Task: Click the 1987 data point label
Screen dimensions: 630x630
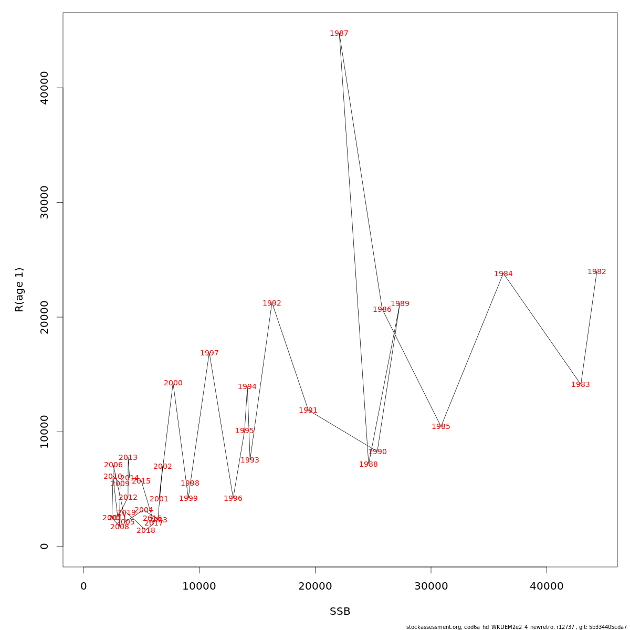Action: point(339,34)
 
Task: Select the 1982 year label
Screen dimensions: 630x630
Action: point(597,272)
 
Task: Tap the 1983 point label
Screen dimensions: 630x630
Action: point(581,385)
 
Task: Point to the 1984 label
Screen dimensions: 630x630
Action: point(503,274)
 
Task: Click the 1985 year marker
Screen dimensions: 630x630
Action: point(441,427)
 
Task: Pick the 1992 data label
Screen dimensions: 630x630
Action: point(272,303)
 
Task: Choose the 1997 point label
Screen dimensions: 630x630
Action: point(209,353)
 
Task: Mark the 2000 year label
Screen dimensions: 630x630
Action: point(173,383)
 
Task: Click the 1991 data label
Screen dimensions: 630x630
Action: point(308,411)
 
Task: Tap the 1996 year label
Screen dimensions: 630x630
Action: point(233,499)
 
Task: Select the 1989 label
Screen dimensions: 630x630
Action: point(400,304)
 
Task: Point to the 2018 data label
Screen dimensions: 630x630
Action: point(146,531)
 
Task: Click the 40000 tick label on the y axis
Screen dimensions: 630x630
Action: point(45,88)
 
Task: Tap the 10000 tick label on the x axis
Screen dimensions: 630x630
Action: point(199,586)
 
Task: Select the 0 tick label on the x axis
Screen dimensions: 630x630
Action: point(83,586)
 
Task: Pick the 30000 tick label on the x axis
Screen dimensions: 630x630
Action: point(431,586)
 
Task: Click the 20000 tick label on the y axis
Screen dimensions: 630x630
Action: point(45,317)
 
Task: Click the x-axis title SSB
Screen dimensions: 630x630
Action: point(340,612)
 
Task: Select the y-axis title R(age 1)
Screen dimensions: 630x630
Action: point(19,290)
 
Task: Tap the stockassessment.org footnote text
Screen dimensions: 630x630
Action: point(517,627)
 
